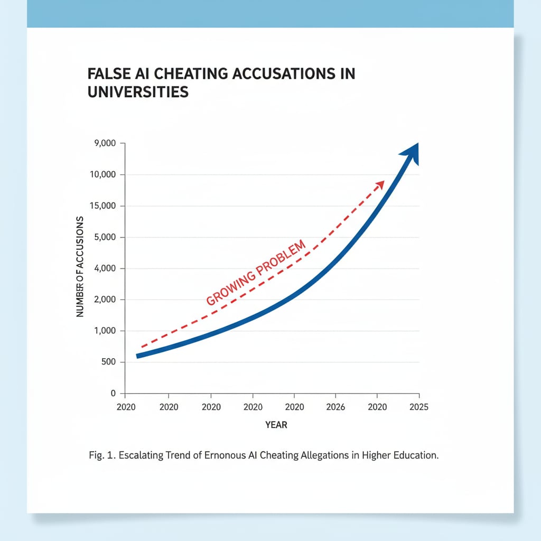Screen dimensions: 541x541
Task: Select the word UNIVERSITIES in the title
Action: click(x=138, y=91)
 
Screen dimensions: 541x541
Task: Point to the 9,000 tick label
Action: click(x=105, y=144)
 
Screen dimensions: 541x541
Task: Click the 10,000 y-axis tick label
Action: click(x=102, y=175)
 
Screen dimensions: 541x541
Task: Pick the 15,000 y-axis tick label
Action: click(x=102, y=206)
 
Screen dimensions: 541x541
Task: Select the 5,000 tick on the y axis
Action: click(x=105, y=237)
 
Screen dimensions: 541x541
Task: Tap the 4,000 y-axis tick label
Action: click(x=105, y=268)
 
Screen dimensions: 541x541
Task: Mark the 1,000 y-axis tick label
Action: click(x=105, y=331)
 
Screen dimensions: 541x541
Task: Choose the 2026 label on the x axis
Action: click(x=336, y=407)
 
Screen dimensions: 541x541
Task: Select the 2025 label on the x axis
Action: click(x=418, y=407)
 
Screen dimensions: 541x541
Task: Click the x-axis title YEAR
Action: click(x=276, y=425)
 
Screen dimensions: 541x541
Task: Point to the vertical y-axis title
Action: click(x=80, y=267)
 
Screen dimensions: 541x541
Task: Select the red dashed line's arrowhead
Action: click(x=379, y=184)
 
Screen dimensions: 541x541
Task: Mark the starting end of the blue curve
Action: click(x=138, y=356)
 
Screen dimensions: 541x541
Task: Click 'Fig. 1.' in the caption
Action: click(x=102, y=456)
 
